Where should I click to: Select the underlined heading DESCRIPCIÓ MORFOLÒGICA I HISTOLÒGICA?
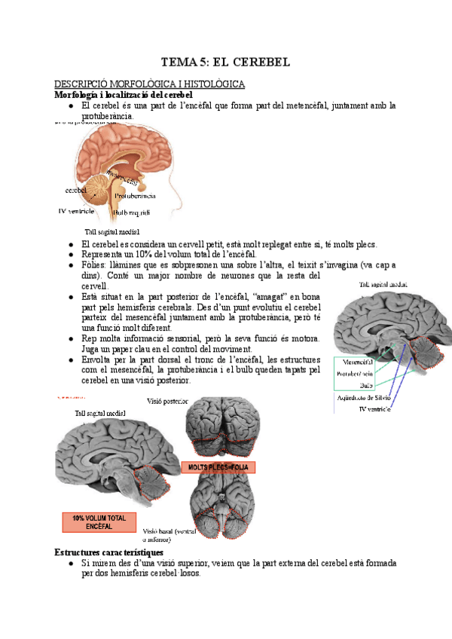point(149,84)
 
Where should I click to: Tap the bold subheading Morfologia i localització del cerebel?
point(125,96)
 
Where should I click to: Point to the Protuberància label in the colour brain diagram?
point(136,196)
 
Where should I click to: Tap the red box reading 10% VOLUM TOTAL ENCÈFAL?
point(99,522)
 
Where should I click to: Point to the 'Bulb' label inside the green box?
point(346,384)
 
